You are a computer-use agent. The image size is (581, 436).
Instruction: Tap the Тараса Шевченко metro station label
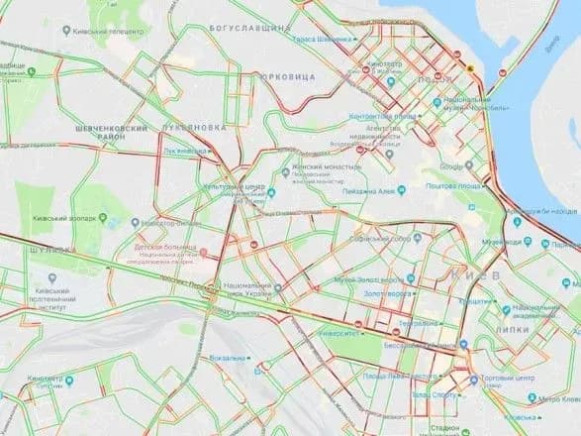tap(323, 38)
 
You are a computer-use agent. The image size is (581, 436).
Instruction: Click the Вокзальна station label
tap(227, 357)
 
